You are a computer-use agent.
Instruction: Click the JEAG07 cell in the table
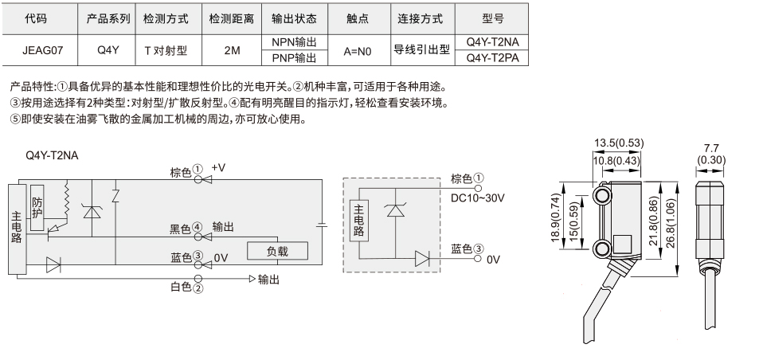[42, 50]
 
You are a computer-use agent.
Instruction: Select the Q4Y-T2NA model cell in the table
[492, 42]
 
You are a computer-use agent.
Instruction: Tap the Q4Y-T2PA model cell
[492, 58]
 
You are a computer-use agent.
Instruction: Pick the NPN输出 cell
[295, 42]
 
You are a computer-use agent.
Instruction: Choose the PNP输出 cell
[295, 58]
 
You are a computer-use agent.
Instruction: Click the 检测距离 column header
[232, 19]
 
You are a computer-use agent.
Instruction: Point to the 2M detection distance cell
[232, 50]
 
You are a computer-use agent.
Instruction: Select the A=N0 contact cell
[358, 51]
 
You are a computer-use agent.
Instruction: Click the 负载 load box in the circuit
[277, 251]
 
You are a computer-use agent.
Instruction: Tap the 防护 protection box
[37, 208]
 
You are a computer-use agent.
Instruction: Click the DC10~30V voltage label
[478, 198]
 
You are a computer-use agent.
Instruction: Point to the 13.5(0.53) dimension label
[619, 143]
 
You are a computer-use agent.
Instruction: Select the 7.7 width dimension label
[710, 149]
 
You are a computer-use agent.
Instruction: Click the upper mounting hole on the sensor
[602, 195]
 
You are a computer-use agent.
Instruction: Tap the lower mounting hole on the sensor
[602, 249]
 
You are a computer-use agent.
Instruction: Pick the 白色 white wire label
[181, 287]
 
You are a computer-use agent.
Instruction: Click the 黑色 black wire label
[180, 229]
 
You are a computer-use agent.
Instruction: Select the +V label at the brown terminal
[218, 167]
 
